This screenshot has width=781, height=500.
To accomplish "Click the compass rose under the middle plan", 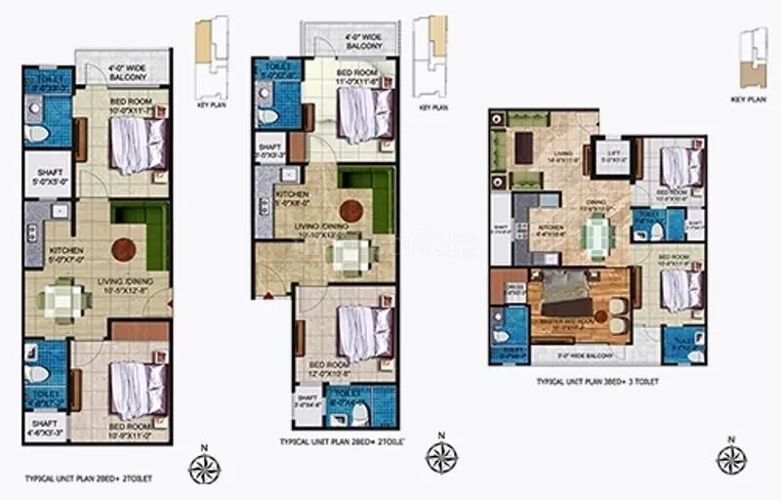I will click(442, 456).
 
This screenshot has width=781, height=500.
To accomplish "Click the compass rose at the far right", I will click(730, 458).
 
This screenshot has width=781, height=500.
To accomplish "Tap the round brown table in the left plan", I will click(123, 249).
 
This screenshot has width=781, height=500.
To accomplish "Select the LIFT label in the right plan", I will click(613, 158).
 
